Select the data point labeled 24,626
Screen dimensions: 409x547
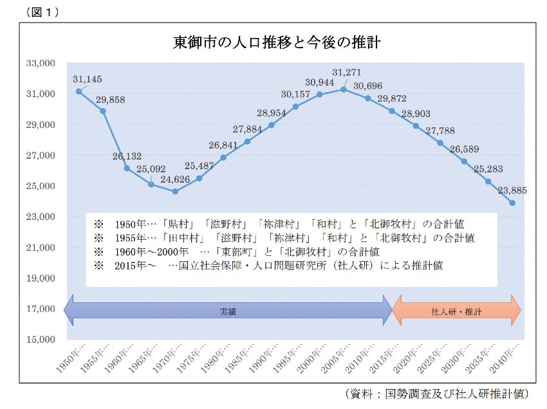click(x=175, y=192)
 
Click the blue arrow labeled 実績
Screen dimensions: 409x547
click(x=228, y=311)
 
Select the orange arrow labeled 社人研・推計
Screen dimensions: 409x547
click(x=456, y=311)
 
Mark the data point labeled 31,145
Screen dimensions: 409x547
click(x=79, y=91)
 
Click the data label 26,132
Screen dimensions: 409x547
click(x=127, y=156)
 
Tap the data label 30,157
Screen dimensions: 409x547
click(x=295, y=94)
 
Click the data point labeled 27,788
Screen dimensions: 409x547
click(x=440, y=143)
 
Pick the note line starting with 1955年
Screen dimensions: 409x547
click(x=284, y=237)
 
